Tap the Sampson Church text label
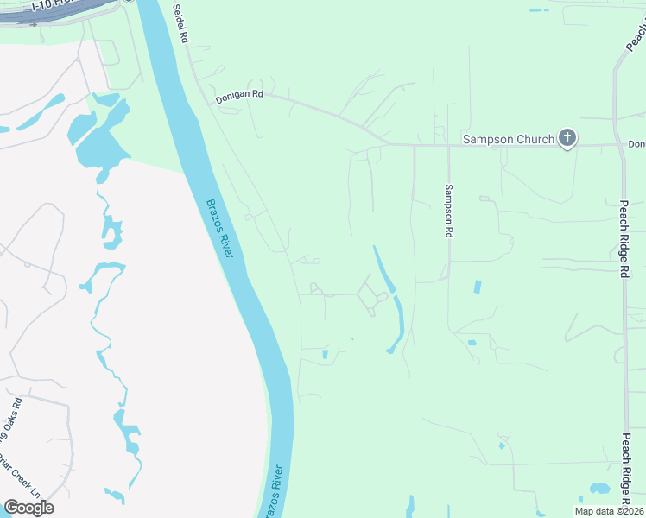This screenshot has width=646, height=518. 509,138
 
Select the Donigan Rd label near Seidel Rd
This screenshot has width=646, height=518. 239,98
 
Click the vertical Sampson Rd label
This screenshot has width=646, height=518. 448,211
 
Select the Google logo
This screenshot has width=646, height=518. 28,508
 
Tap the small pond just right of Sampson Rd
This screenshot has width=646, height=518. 477,286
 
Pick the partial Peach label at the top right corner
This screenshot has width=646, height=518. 636,35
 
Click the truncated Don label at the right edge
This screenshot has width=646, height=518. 636,144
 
